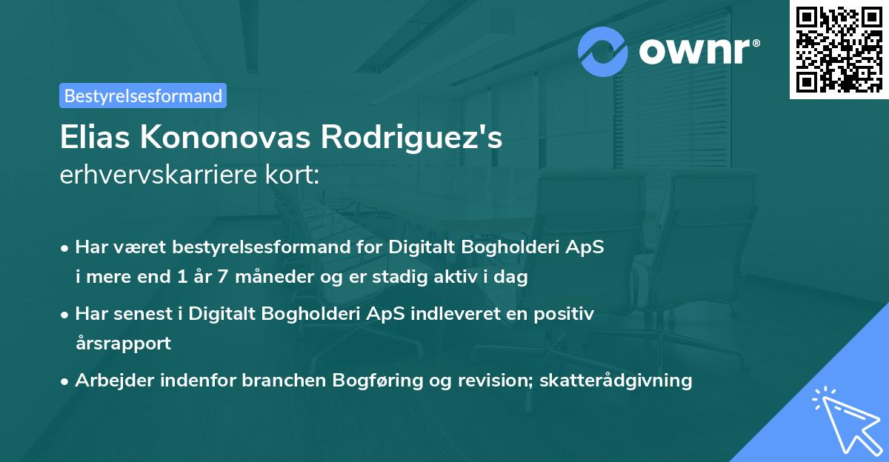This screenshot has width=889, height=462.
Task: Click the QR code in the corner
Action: click(839, 50)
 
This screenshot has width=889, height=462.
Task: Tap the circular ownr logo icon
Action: click(603, 50)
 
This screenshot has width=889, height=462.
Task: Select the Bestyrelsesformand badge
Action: click(142, 96)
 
